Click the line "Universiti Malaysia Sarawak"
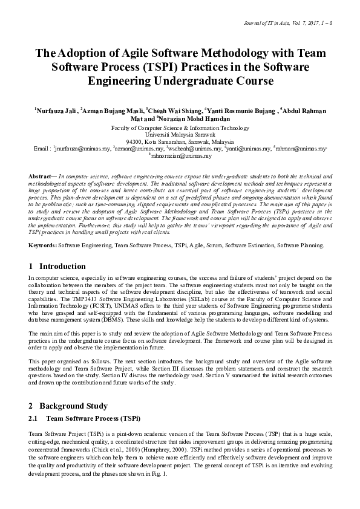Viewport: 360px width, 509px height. click(x=180, y=135)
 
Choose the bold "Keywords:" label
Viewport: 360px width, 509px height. click(x=42, y=245)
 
